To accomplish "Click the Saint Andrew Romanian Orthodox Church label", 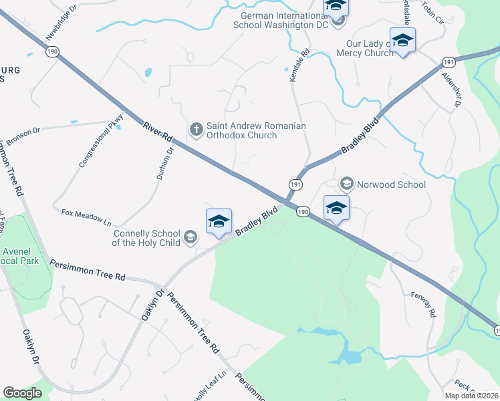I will pos(256,130).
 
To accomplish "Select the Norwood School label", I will pos(391,184).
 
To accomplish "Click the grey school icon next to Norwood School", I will pos(347,183).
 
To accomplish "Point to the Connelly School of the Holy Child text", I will pos(146,239).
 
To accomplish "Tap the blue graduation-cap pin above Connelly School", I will pos(219,223).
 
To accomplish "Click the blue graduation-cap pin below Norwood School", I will pos(336,209).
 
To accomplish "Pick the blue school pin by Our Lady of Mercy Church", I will pos(402,41).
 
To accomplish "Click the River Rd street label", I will pos(158,132).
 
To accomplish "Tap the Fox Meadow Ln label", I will pos(86,217).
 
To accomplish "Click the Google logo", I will pos(23,393).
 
